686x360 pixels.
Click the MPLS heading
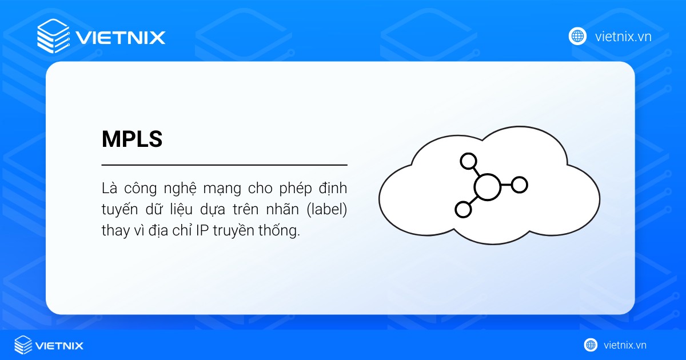click(132, 139)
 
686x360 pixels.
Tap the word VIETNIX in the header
click(121, 38)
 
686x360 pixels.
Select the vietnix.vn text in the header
click(623, 37)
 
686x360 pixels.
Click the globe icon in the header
click(578, 36)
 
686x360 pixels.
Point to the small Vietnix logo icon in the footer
click(23, 345)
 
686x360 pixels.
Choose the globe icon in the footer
click(591, 345)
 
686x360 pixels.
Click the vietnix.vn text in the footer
click(625, 345)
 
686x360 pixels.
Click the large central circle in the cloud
click(486, 186)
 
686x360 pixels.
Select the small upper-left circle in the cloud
click(469, 162)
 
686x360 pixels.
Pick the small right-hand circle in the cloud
click(519, 185)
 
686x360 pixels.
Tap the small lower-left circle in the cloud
click(463, 209)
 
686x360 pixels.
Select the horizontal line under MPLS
click(224, 165)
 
